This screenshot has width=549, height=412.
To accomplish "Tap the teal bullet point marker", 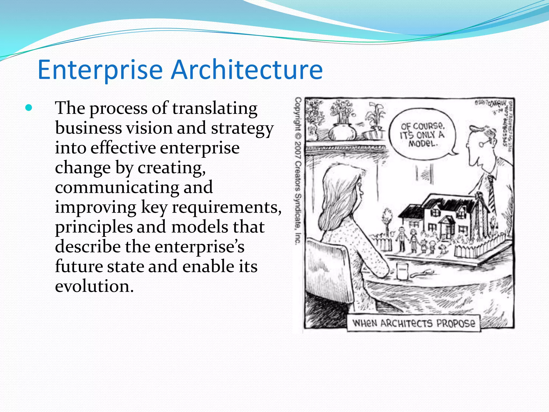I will (28, 108).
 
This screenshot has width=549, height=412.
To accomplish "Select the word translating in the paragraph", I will (214, 108).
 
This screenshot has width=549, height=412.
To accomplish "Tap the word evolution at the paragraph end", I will (94, 286).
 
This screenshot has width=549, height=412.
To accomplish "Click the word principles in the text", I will (94, 227).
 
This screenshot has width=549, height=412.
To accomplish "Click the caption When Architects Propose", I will (414, 323).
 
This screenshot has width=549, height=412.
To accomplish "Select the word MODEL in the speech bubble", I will (423, 144).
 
